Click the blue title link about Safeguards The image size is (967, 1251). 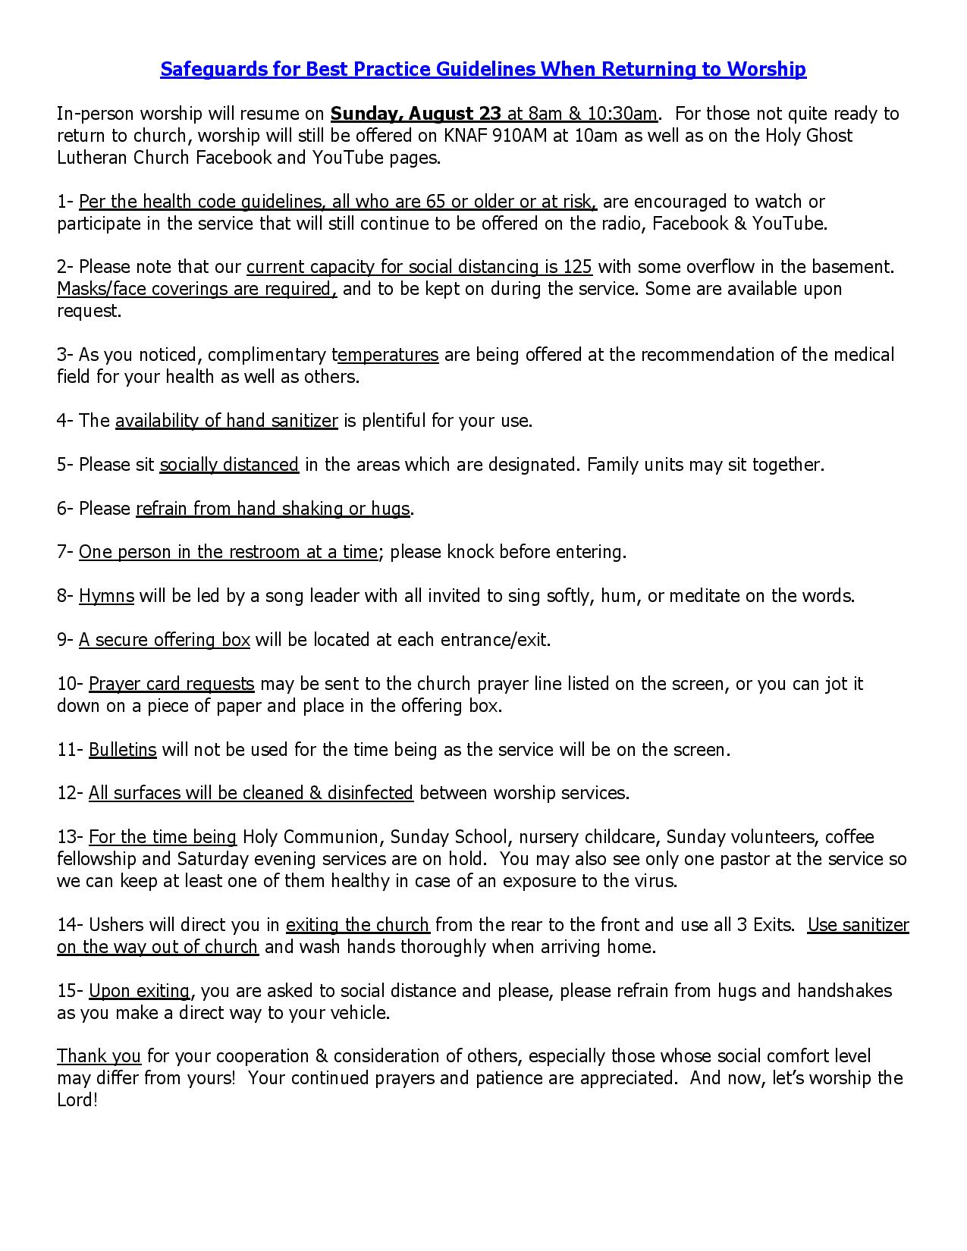482,70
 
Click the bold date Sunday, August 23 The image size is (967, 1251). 416,114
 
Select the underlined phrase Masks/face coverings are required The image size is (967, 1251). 196,289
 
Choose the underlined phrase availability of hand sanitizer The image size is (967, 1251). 226,421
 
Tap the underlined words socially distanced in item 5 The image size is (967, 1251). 229,465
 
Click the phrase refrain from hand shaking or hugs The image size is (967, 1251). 273,509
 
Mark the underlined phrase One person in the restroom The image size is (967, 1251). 228,552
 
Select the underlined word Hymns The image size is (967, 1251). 106,596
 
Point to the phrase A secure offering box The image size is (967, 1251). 164,640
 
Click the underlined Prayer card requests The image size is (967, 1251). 171,684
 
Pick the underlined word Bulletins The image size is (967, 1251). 122,750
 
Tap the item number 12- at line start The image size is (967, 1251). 70,793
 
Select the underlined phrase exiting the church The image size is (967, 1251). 357,925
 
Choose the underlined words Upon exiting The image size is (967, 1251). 139,991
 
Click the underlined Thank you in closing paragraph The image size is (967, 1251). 99,1056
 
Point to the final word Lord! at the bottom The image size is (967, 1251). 77,1100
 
